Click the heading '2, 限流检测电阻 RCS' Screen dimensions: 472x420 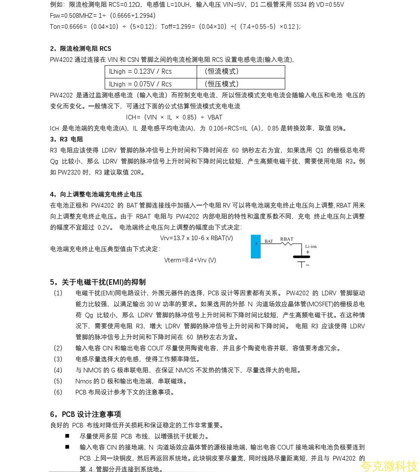click(x=81, y=49)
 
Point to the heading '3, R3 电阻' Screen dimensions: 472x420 click(x=67, y=139)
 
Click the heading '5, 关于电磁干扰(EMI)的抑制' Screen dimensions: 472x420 click(x=97, y=282)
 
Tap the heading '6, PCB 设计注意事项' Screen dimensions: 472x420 click(x=85, y=414)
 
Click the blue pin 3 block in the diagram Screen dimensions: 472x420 click(x=256, y=246)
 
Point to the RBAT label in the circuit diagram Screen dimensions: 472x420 click(x=286, y=239)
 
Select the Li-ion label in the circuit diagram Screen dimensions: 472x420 click(x=311, y=246)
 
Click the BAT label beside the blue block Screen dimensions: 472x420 click(x=269, y=241)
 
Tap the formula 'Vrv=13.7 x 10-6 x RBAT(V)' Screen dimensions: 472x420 click(x=196, y=238)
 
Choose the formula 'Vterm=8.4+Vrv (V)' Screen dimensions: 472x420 click(x=189, y=260)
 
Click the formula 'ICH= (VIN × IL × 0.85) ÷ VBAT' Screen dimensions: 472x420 click(x=174, y=117)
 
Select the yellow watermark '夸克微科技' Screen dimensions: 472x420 click(x=389, y=466)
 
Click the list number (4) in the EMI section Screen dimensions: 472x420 click(x=58, y=370)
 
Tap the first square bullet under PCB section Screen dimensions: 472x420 click(x=67, y=436)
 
